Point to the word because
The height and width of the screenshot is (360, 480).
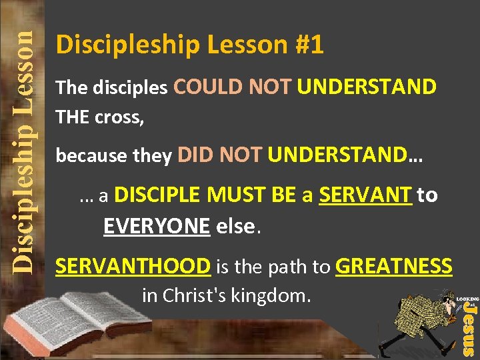tap(83, 156)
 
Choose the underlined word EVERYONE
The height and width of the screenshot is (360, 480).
tap(157, 226)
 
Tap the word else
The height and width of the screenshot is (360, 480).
tap(234, 227)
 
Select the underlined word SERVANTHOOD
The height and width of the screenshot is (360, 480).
tap(133, 267)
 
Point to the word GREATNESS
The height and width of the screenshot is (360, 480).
tap(394, 267)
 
